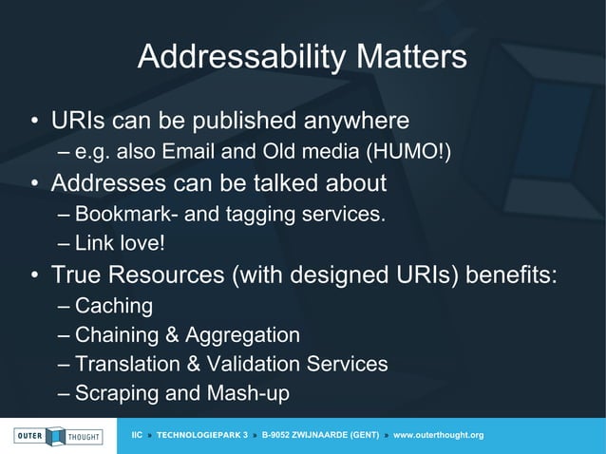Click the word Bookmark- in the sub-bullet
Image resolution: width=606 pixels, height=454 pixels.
tap(120, 214)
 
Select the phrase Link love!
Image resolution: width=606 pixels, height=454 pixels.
tap(120, 244)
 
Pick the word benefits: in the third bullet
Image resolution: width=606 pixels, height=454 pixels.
tap(512, 275)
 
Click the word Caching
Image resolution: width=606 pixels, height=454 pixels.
tap(113, 306)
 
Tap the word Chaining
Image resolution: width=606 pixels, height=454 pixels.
tap(118, 335)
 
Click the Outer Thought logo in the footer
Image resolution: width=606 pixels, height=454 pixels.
tap(58, 435)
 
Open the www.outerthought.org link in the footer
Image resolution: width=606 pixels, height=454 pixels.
tap(438, 435)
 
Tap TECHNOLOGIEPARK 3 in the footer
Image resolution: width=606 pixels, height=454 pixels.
tap(201, 435)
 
